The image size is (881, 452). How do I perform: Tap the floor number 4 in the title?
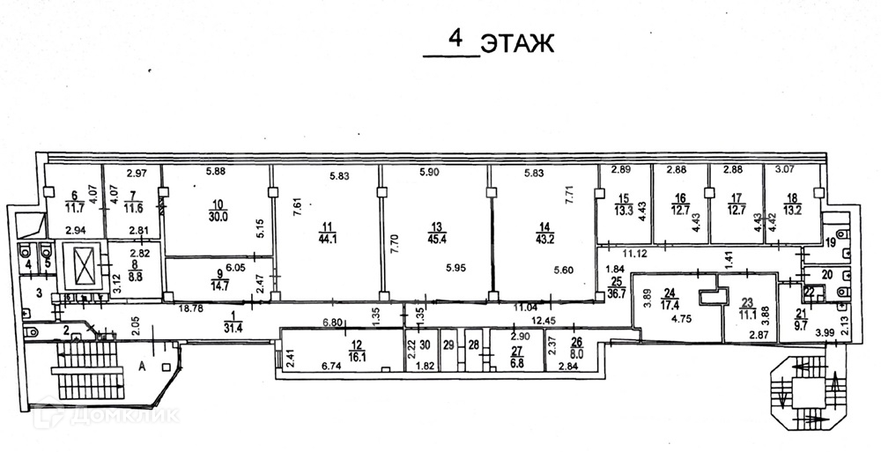pyautogui.click(x=455, y=39)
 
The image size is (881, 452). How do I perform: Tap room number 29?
pyautogui.click(x=449, y=345)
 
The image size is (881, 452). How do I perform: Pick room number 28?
pyautogui.click(x=474, y=345)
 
